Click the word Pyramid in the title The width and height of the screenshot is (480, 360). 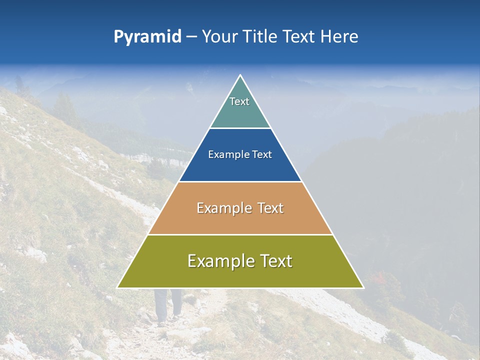tap(147, 36)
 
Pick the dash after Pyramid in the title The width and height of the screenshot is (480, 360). tap(191, 37)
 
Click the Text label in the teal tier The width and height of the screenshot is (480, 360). tap(239, 101)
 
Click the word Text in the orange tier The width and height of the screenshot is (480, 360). tap(271, 208)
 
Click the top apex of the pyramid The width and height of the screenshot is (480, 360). tap(240, 75)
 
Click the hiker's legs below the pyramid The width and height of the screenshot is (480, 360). tap(167, 305)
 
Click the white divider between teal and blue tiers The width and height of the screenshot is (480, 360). tap(240, 128)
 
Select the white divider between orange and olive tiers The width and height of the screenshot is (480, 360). tap(240, 234)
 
